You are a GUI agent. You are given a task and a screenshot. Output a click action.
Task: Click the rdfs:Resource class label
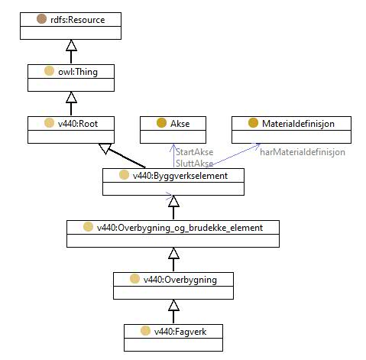[x=78, y=20]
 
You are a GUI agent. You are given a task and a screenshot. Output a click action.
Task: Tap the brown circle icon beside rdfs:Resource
[x=41, y=19]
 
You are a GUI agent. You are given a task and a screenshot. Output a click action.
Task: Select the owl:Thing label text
[x=78, y=72]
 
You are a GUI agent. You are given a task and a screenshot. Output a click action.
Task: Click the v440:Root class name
[x=78, y=124]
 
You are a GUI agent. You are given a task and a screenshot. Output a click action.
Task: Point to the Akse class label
[x=180, y=124]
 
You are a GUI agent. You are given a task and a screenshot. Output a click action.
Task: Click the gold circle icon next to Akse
[x=161, y=123]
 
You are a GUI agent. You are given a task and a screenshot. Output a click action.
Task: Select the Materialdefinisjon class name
[x=298, y=124]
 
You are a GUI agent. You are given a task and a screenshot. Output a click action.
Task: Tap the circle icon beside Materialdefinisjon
[x=253, y=123]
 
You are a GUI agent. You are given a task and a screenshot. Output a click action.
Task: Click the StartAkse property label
[x=195, y=152]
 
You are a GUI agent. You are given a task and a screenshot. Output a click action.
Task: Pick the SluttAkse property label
[x=195, y=164]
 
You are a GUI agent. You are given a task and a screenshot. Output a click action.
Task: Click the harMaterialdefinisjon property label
[x=303, y=152]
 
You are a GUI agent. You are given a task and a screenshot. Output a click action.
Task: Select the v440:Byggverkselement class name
[x=180, y=176]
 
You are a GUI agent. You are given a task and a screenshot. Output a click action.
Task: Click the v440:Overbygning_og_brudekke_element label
[x=180, y=228]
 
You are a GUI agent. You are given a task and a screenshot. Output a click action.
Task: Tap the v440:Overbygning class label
[x=180, y=280]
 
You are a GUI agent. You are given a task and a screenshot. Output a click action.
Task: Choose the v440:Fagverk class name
[x=180, y=332]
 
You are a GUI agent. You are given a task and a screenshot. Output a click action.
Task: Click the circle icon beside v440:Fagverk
[x=145, y=331]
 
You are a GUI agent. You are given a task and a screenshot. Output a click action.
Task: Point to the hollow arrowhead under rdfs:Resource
[x=71, y=45]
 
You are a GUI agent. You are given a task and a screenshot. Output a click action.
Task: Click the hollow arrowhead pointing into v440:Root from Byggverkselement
[x=105, y=148]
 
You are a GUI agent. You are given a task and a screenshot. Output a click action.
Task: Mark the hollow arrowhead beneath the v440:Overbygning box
[x=173, y=305]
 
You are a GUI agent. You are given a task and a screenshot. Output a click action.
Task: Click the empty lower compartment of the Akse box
[x=173, y=137]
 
